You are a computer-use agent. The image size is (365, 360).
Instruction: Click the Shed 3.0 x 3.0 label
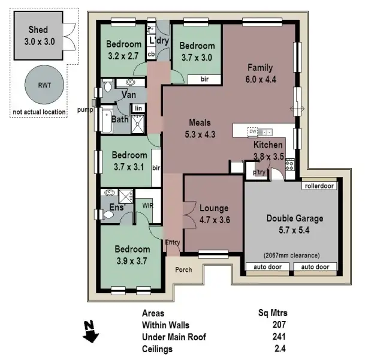[37, 36]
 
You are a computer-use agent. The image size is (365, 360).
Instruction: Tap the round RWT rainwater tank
[41, 85]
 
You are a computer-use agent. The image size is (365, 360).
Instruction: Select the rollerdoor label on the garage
[318, 186]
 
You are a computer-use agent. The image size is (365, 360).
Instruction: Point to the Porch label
[183, 269]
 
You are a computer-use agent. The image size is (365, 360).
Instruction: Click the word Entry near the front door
[172, 242]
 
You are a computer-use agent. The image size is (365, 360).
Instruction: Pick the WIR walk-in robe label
[147, 205]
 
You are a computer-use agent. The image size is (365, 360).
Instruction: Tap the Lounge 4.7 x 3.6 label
[214, 214]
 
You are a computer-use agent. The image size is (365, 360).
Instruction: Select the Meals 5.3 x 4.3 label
[200, 128]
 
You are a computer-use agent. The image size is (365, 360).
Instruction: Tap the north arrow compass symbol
[90, 331]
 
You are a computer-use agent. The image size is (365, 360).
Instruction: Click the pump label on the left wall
[86, 110]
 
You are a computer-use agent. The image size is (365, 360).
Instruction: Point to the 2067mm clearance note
[291, 254]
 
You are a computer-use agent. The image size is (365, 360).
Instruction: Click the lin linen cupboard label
[138, 108]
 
